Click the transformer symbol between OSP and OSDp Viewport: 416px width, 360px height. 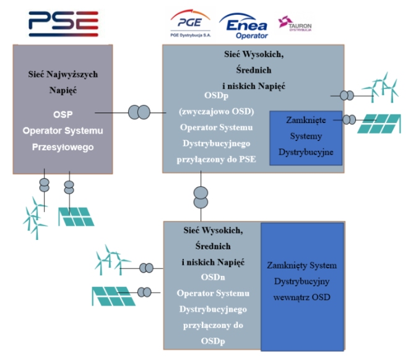(139, 113)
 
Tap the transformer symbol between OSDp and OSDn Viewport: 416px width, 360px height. (201, 196)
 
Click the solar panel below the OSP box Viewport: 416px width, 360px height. (76, 216)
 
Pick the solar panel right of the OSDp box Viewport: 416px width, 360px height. (381, 123)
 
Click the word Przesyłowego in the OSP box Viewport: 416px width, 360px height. (63, 147)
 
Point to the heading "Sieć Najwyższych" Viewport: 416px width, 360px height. (63, 74)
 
